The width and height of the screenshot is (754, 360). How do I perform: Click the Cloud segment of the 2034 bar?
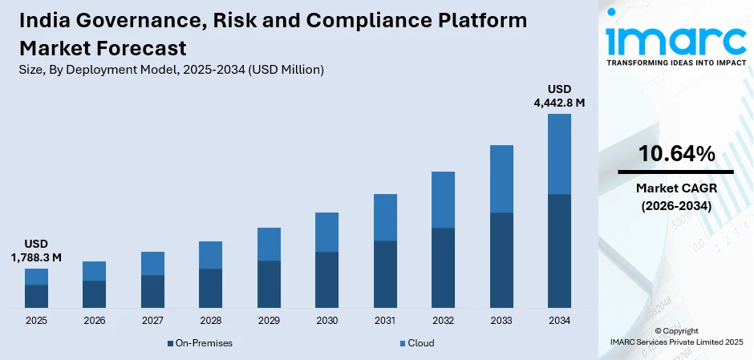[x=559, y=154]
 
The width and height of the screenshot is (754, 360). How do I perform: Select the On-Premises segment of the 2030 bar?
[x=326, y=280]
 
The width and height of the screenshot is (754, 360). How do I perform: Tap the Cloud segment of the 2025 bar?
[x=36, y=277]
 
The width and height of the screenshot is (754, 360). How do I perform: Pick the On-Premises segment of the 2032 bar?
[x=443, y=268]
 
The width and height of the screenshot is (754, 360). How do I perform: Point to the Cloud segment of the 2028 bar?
[x=210, y=255]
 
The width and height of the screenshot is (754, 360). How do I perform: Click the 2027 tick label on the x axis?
[x=152, y=321]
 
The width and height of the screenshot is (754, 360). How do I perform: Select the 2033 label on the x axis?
[x=501, y=321]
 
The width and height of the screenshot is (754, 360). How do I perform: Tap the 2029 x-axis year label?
[x=269, y=321]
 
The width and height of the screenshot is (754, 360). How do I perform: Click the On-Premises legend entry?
[x=200, y=343]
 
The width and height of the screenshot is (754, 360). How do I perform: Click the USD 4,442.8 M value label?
[x=560, y=95]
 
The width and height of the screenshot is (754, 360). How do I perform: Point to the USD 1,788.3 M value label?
[x=36, y=250]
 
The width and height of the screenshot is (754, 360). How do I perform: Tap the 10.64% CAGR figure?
[x=676, y=154]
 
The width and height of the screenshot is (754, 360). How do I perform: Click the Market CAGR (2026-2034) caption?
[x=676, y=196]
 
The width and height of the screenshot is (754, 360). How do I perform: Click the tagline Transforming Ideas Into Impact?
[x=675, y=62]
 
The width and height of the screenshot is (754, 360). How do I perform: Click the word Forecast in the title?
[x=144, y=47]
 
